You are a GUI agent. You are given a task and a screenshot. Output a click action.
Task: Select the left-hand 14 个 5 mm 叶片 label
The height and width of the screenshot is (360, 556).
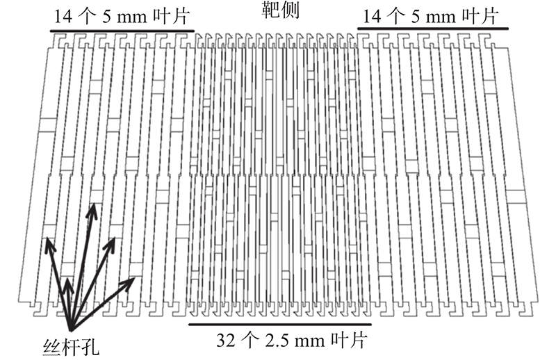coord(120,15)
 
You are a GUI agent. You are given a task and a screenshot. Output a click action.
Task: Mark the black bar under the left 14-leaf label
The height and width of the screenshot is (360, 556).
coord(121,31)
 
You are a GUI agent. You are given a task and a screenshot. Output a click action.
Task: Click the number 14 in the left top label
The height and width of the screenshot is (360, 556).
coord(60,15)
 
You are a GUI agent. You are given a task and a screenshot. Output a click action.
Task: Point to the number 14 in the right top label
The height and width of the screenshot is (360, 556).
coord(373,15)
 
